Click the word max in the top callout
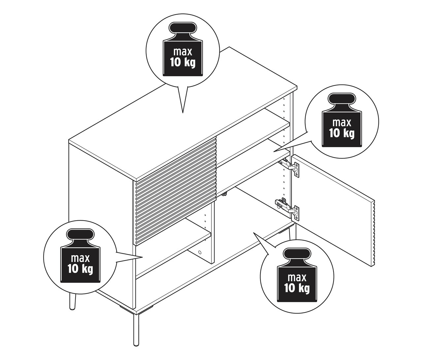pos(182,53)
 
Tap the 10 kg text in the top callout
pos(182,62)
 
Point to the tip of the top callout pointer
pos(182,113)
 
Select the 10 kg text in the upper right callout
pos(341,133)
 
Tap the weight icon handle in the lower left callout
pos(80,235)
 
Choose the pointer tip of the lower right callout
pos(253,233)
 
